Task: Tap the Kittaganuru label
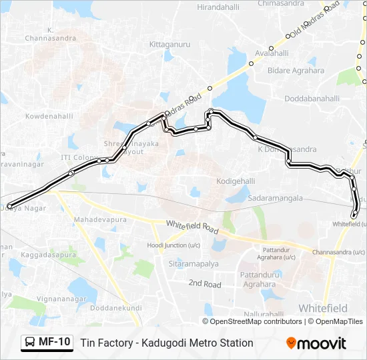(x=170, y=45)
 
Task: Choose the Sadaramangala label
(x=276, y=198)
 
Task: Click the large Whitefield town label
(x=323, y=308)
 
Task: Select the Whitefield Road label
(x=193, y=227)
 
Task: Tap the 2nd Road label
(x=204, y=283)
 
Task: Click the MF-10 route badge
(x=47, y=343)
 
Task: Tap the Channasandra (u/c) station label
(x=338, y=252)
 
